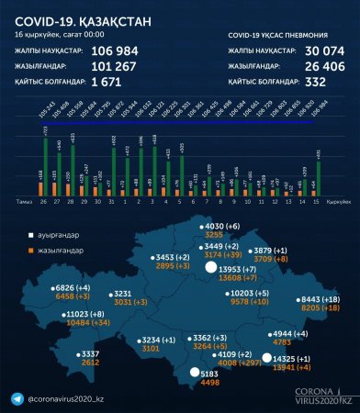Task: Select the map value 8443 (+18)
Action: (x=322, y=299)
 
